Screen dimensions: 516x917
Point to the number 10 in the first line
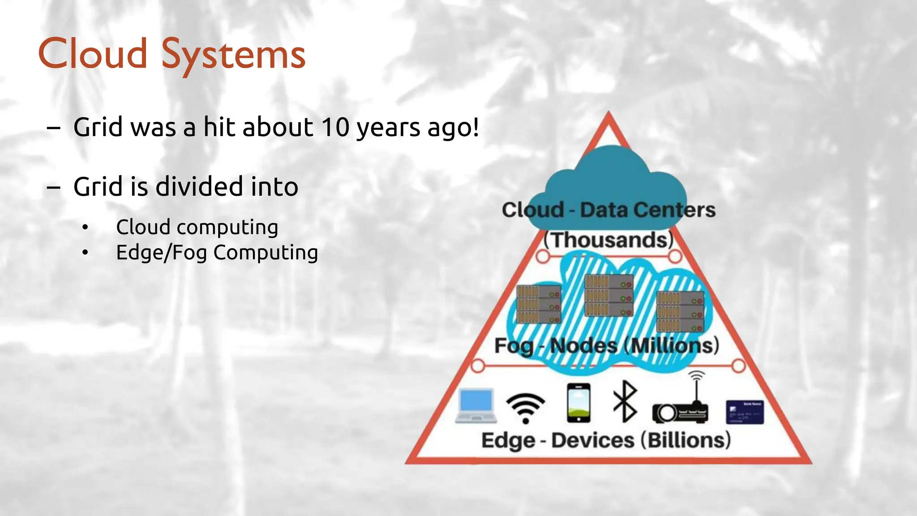pos(334,127)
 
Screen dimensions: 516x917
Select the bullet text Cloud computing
pos(197,227)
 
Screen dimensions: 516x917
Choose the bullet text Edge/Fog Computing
pos(217,253)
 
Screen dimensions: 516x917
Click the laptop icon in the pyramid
pos(476,405)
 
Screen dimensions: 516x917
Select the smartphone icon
pos(578,403)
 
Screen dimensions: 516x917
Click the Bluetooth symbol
pos(625,402)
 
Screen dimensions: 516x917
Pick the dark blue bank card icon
pos(745,412)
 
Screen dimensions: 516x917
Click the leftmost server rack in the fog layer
pos(539,304)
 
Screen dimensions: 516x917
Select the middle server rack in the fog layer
pos(609,296)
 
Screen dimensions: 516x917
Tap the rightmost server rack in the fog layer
pos(680,311)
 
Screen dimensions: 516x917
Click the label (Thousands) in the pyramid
pos(608,240)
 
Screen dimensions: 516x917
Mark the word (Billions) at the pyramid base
pos(686,440)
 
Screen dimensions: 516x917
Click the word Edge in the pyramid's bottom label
pos(508,441)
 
